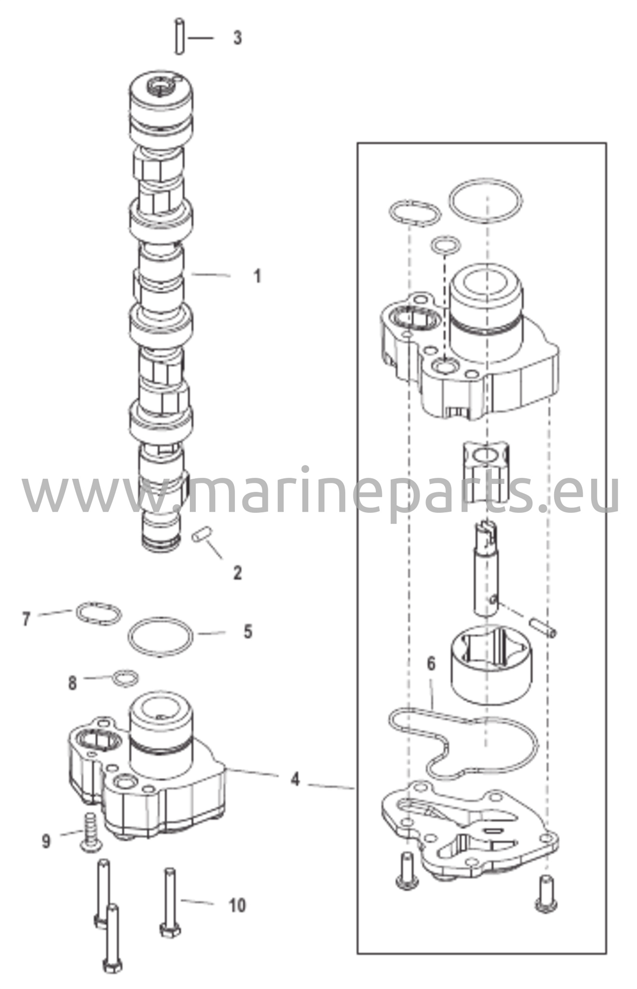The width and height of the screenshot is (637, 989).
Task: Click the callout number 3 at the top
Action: coord(237,38)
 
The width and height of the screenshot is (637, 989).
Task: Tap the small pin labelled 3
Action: coord(180,36)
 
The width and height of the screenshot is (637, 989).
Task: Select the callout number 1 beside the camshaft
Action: coord(258,276)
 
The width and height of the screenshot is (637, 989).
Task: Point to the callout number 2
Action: coord(237,573)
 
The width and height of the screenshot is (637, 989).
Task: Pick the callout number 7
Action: coord(27,619)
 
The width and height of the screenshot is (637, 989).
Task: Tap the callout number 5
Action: coord(248,631)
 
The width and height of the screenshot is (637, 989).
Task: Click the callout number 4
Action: coord(295,779)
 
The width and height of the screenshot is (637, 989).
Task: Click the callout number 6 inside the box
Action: coord(431,664)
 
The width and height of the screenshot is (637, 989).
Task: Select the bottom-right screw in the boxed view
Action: coord(546,893)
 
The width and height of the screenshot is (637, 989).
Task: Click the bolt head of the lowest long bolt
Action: coord(112,977)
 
